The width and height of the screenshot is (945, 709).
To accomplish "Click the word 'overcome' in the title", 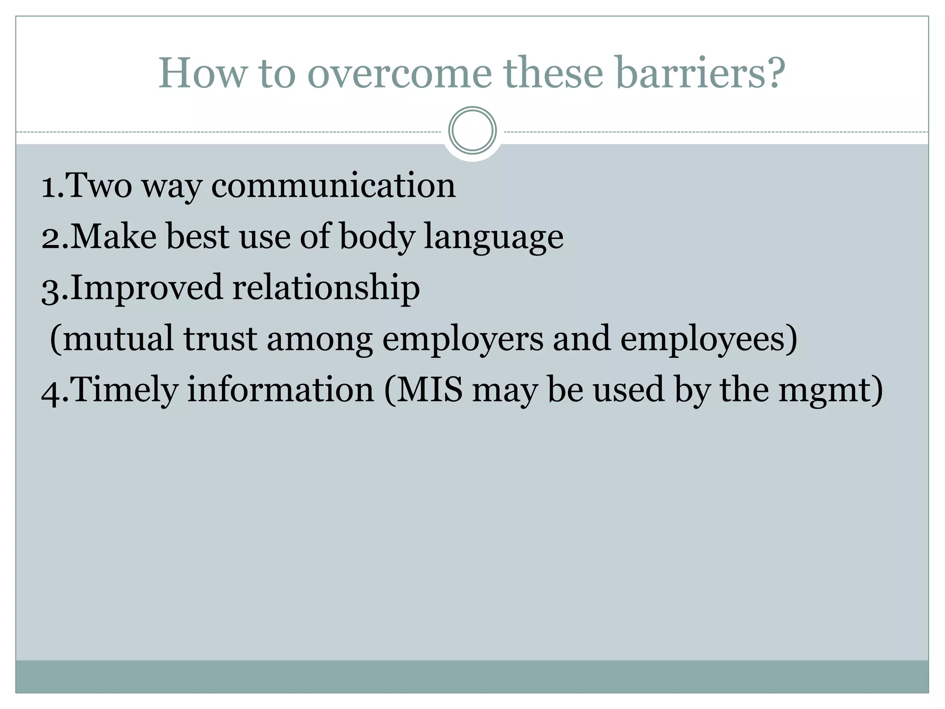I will point(399,74).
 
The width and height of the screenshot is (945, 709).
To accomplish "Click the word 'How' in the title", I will point(202,74).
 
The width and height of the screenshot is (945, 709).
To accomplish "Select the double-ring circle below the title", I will point(472,131).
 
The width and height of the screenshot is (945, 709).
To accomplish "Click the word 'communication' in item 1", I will point(333,186).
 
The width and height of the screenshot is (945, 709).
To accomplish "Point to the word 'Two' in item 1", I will point(99,186).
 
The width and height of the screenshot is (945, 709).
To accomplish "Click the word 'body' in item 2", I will point(377,237).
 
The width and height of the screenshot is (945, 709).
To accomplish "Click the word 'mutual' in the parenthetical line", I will point(118,339).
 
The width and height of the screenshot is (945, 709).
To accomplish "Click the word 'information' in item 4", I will point(281,390).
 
